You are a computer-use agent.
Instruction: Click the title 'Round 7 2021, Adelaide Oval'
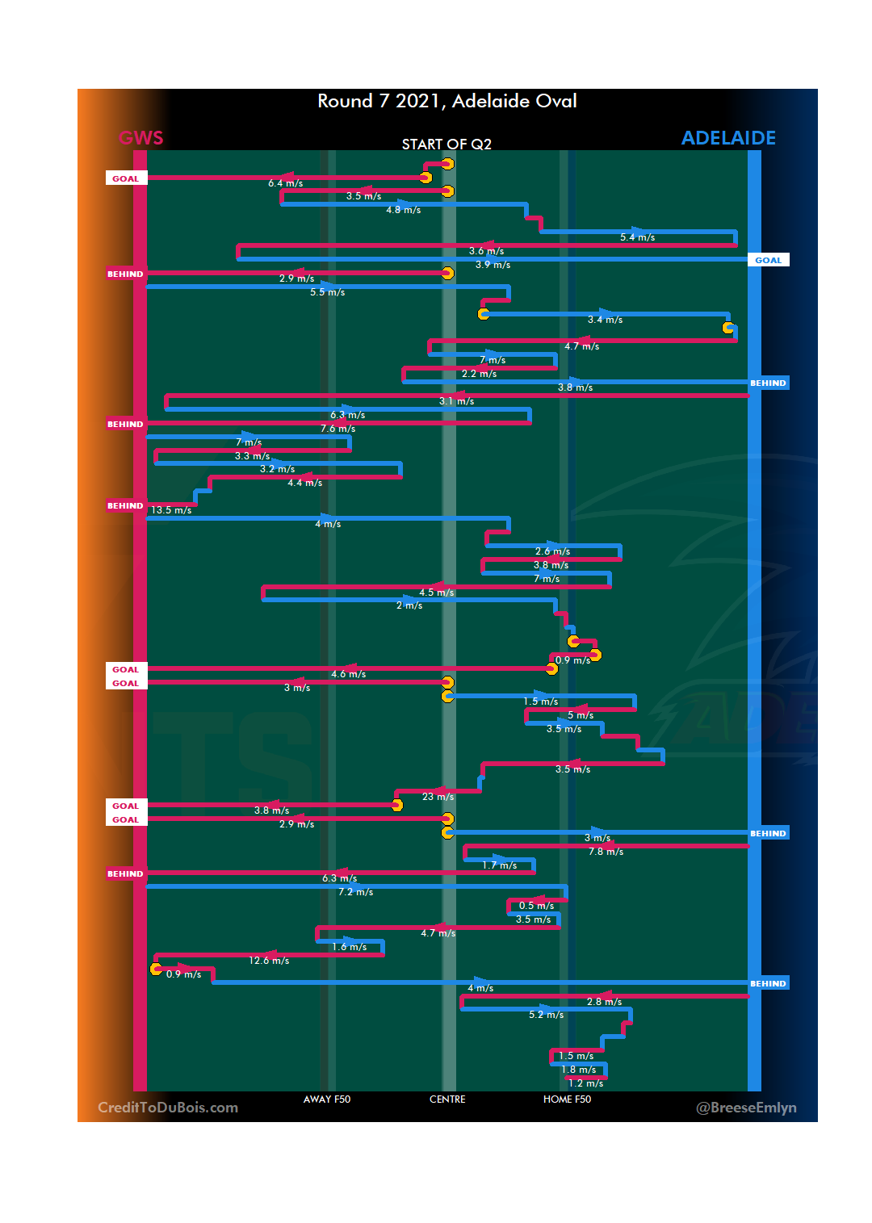pos(446,101)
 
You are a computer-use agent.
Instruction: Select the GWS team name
pos(141,138)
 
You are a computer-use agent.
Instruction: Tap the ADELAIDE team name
pos(728,138)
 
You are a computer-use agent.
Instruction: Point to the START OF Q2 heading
pos(446,144)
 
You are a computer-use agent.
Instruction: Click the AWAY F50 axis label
pos(327,1099)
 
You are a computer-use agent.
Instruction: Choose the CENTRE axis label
pos(447,1099)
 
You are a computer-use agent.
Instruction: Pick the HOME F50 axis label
pos(567,1099)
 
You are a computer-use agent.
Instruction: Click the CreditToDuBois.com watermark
pos(168,1108)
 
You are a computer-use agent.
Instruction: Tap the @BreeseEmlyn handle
pos(746,1108)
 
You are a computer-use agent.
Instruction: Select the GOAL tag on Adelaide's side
pos(768,260)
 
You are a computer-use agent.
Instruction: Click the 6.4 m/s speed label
pos(286,184)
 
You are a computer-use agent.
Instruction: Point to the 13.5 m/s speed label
pos(171,510)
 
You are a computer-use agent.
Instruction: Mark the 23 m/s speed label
pos(438,797)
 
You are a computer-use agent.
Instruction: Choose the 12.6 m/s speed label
pos(269,961)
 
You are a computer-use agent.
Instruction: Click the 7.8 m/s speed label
pos(606,852)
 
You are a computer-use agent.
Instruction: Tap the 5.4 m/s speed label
pos(637,237)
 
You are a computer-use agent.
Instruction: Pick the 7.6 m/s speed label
pos(337,429)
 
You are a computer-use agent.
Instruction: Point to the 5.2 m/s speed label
pos(546,1015)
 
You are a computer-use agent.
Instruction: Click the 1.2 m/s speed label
pos(585,1083)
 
